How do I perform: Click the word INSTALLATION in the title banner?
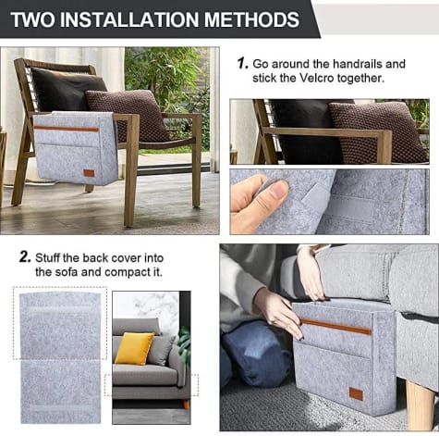pyautogui.click(x=129, y=19)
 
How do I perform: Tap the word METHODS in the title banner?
pyautogui.click(x=251, y=19)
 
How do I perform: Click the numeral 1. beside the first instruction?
pyautogui.click(x=243, y=64)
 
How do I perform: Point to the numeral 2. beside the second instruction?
pyautogui.click(x=25, y=257)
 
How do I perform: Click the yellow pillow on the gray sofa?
pyautogui.click(x=134, y=348)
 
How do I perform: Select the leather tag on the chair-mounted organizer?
pyautogui.click(x=89, y=173)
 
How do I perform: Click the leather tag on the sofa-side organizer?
pyautogui.click(x=356, y=393)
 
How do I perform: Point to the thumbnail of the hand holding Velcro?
pyautogui.click(x=329, y=202)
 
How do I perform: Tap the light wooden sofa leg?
pyautogui.click(x=420, y=405)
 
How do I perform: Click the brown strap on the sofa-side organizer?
pyautogui.click(x=335, y=327)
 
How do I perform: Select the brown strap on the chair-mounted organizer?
pyautogui.click(x=66, y=129)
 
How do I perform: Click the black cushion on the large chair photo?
pyautogui.click(x=67, y=90)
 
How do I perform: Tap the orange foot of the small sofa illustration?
pyautogui.click(x=186, y=405)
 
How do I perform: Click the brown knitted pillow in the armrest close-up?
pyautogui.click(x=378, y=132)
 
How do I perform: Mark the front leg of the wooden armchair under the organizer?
pyautogui.click(x=131, y=170)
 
